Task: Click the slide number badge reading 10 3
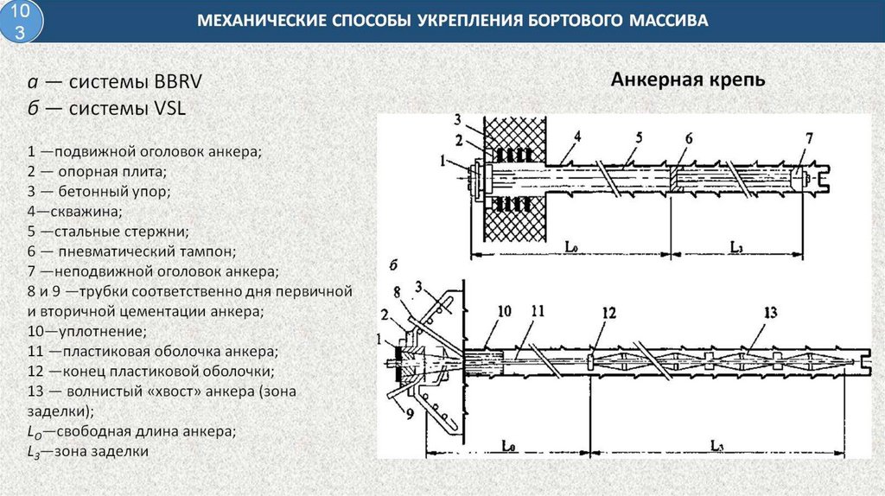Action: (23, 22)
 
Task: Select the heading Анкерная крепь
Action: (688, 80)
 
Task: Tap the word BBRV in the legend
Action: (179, 83)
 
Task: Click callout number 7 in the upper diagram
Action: (809, 138)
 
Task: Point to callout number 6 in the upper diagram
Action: (689, 139)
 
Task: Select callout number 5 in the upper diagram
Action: (639, 137)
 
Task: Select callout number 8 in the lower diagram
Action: (396, 290)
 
